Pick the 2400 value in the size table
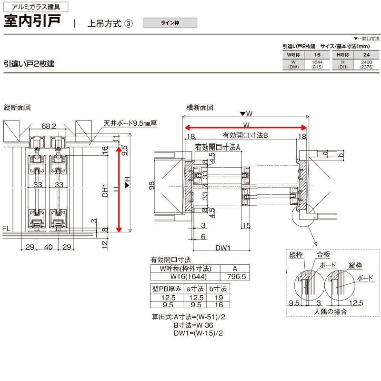point(366,62)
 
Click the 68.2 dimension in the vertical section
point(49,126)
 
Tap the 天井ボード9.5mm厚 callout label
point(130,123)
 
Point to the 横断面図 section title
point(200,108)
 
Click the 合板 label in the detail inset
point(323,255)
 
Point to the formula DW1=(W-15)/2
point(199,333)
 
